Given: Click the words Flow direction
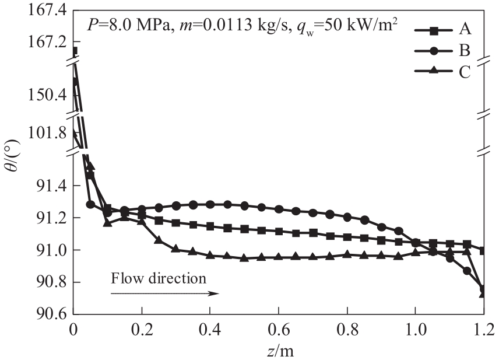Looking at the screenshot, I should (x=159, y=278).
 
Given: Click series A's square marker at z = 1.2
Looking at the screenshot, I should (x=483, y=250).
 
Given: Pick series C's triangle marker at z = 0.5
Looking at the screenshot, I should (x=245, y=257).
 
